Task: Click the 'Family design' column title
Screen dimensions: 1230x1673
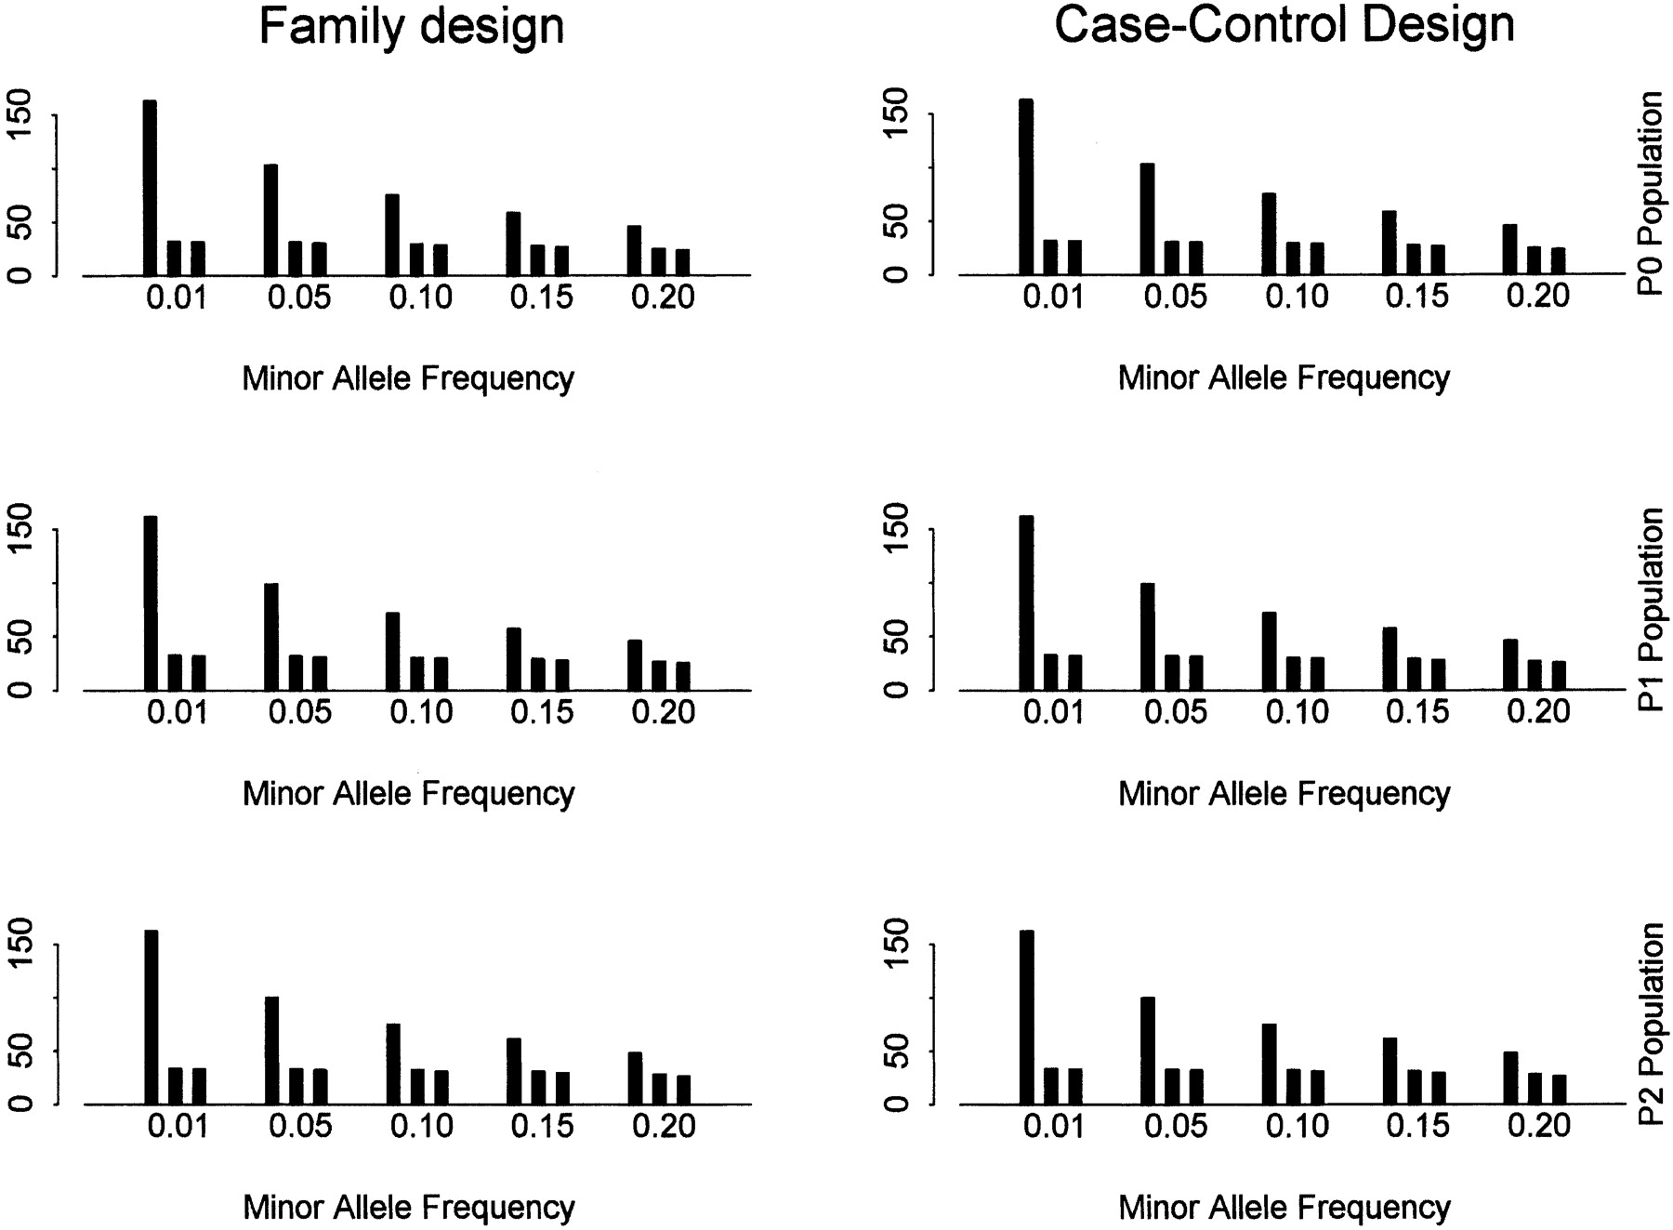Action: tap(411, 26)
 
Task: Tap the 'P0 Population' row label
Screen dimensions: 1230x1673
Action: tap(1651, 193)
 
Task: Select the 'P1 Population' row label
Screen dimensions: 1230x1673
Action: tap(1651, 609)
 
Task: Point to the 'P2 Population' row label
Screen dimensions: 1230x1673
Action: tap(1651, 1024)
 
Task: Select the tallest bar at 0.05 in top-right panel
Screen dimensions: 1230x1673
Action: tap(1147, 219)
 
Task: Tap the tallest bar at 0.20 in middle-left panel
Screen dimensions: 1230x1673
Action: tap(635, 665)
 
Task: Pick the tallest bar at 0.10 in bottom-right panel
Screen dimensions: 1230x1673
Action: tap(1269, 1064)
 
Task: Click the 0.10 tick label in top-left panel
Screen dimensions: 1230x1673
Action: tap(421, 298)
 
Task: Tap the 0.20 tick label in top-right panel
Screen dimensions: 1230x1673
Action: tap(1538, 297)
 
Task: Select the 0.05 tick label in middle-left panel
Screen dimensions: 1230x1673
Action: tap(299, 713)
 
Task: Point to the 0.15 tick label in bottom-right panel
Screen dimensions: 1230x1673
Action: tap(1417, 1127)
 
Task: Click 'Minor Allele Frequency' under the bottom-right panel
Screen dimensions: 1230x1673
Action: tap(1284, 1208)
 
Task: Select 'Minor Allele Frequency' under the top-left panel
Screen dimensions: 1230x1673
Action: tap(408, 378)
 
